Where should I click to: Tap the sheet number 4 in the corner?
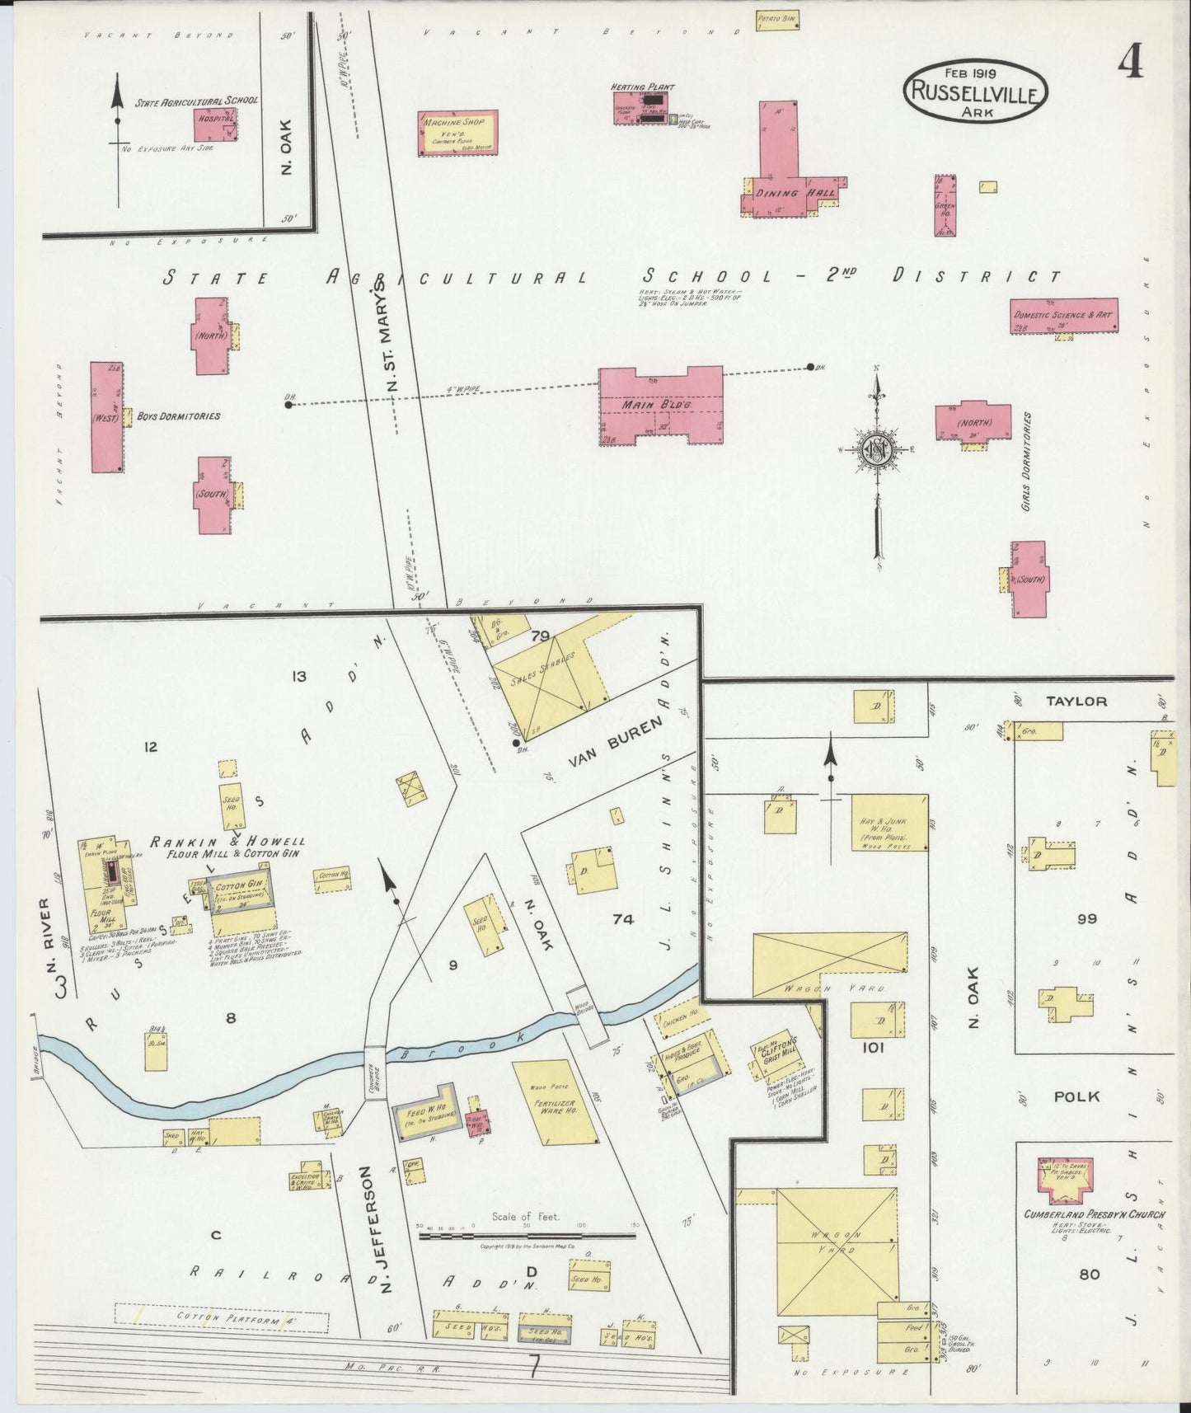pos(1130,60)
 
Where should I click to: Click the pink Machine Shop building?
pos(458,132)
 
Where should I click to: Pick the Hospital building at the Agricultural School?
pos(216,124)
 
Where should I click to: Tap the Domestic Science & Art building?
pos(1063,316)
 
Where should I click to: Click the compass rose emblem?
pos(876,450)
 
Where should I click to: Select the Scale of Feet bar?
pos(528,1235)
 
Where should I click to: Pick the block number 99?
pos(1086,918)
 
